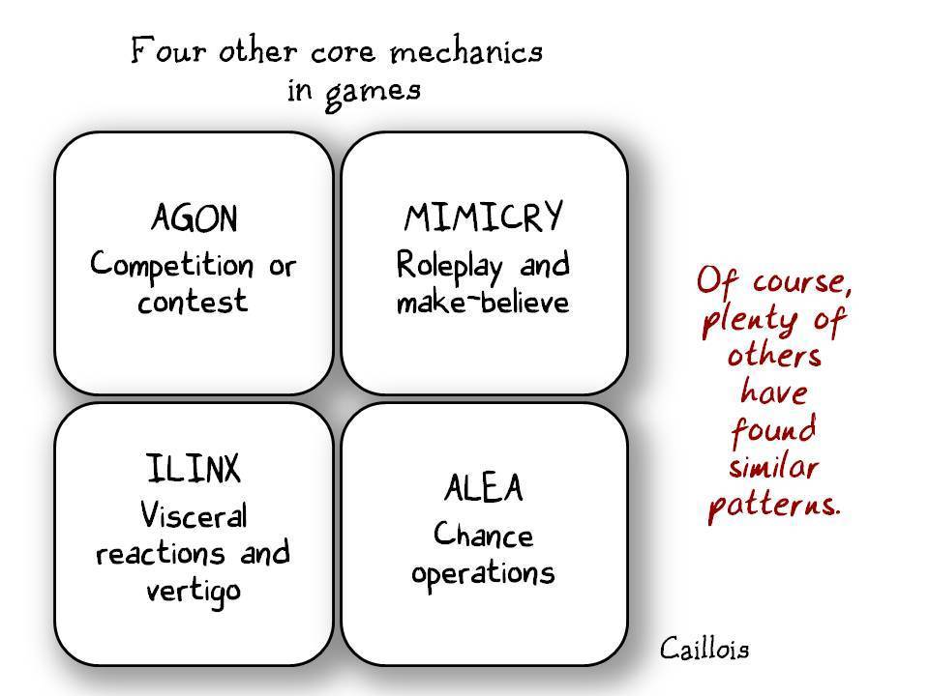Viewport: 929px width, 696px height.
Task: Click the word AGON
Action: tap(194, 219)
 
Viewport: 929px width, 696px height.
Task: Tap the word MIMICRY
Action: tap(483, 218)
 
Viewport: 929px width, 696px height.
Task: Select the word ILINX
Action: tap(193, 471)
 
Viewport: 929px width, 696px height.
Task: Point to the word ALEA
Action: tap(483, 489)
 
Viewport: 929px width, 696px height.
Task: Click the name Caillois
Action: tap(704, 648)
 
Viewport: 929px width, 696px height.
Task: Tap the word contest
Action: tap(193, 302)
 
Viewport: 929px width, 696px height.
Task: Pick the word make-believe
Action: tap(483, 303)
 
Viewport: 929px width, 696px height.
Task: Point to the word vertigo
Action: tap(193, 591)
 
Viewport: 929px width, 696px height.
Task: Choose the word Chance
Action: tap(483, 534)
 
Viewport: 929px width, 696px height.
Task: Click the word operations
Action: tap(483, 572)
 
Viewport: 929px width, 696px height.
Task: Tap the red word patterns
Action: tap(773, 506)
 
